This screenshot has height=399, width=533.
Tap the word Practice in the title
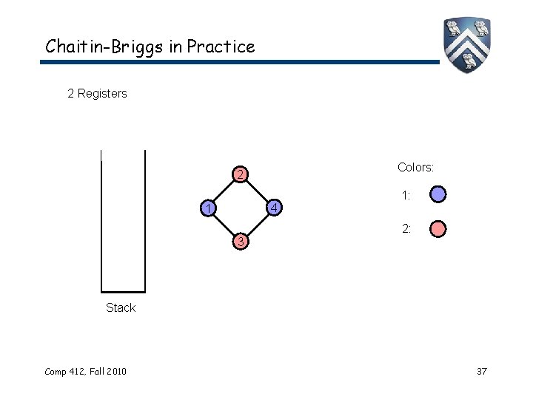tap(221, 47)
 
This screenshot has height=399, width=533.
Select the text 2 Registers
tap(97, 93)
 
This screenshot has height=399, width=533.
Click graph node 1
tap(210, 208)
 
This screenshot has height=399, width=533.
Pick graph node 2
tap(240, 176)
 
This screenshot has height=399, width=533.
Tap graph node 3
tap(240, 242)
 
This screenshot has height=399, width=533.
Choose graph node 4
tap(272, 208)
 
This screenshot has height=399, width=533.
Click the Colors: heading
tap(415, 168)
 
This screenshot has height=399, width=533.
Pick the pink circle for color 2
tap(438, 229)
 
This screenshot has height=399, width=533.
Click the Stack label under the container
tap(121, 308)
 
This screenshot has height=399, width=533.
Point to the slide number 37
tap(481, 371)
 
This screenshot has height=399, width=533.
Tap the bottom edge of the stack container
tap(123, 291)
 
